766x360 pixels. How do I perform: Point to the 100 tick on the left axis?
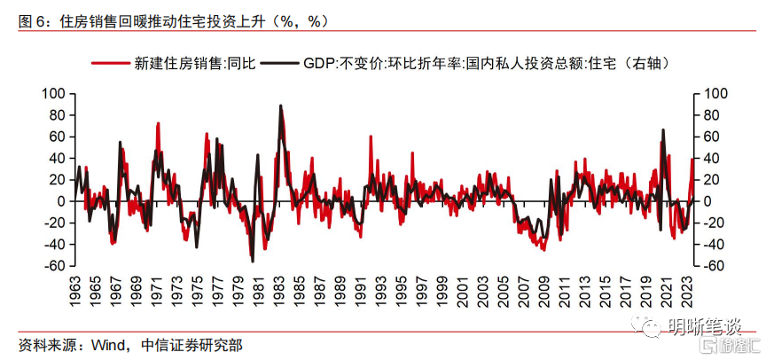click(55, 93)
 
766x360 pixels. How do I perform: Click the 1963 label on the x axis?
click(75, 291)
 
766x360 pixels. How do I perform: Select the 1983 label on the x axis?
click(279, 291)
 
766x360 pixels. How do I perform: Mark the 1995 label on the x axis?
click(402, 291)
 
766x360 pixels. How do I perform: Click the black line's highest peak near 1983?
click(280, 106)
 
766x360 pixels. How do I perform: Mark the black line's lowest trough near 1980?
click(252, 261)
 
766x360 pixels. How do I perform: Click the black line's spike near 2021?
click(663, 130)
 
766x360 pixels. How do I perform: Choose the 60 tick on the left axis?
click(58, 137)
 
